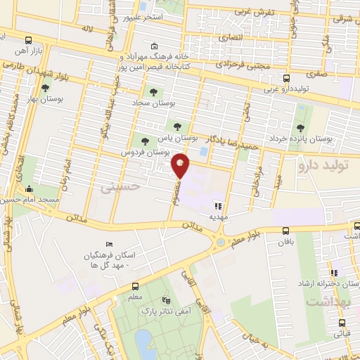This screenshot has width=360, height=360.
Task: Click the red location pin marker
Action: click(181, 165)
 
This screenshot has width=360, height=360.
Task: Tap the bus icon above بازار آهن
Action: click(27, 41)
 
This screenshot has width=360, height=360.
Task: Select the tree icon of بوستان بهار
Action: click(46, 89)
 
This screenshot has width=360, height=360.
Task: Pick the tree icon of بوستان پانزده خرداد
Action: click(300, 127)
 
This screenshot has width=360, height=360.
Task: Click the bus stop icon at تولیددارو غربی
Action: click(285, 79)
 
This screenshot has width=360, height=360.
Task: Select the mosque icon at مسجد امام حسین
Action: click(29, 188)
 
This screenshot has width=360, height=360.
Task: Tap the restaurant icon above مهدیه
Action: click(218, 207)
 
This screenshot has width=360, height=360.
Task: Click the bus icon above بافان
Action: click(285, 231)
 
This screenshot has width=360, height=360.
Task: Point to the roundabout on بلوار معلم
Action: click(221, 243)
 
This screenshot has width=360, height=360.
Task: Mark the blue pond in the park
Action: click(144, 343)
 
